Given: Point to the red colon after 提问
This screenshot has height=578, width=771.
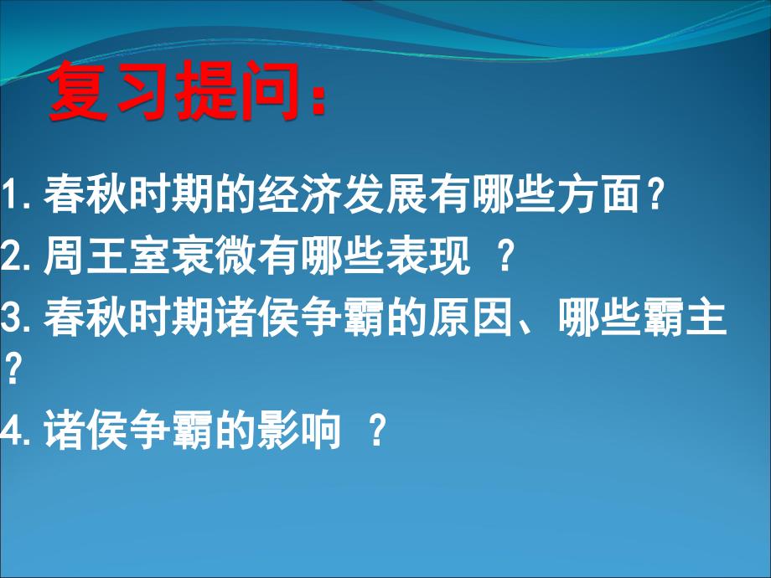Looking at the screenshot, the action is pyautogui.click(x=319, y=101).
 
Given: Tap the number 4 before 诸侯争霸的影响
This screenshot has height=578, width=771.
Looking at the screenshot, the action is pyautogui.click(x=10, y=429).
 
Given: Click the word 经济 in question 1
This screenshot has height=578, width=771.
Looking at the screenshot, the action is pyautogui.click(x=301, y=194).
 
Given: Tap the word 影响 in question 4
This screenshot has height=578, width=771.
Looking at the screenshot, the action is pyautogui.click(x=300, y=429).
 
